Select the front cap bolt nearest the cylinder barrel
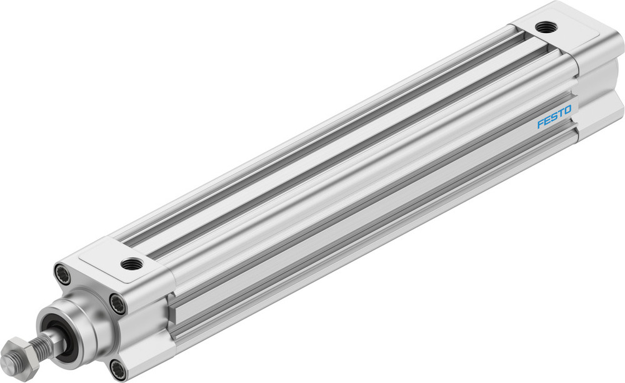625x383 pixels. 117,304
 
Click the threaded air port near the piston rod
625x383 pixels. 132,263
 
